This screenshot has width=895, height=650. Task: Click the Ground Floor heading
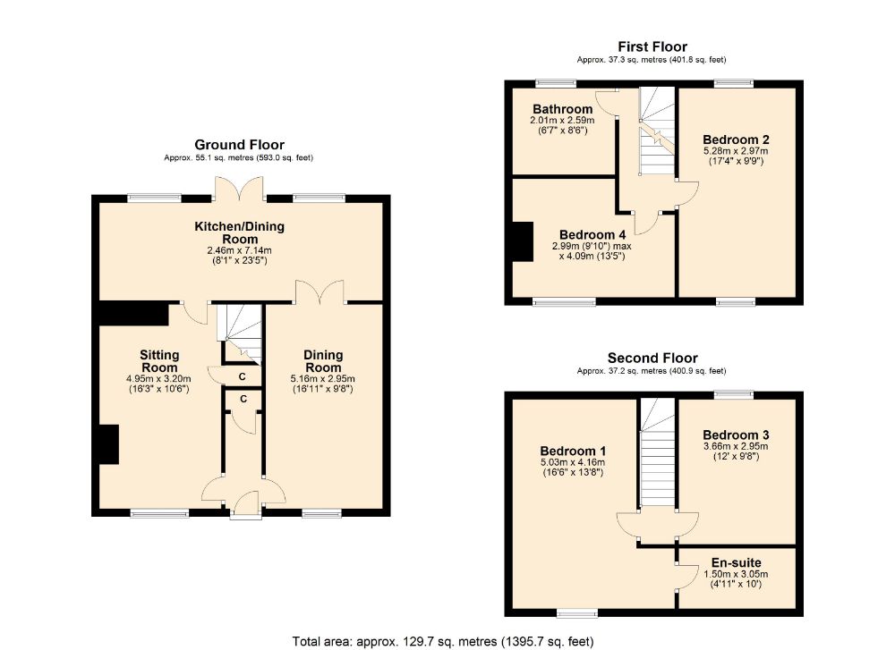tap(239, 145)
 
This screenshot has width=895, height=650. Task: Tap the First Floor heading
tap(652, 46)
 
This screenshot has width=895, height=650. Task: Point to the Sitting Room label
tap(158, 361)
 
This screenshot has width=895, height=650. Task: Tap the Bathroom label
tap(562, 109)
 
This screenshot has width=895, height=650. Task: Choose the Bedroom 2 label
tap(736, 139)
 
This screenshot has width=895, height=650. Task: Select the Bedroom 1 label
tap(572, 450)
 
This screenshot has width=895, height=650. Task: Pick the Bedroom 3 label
tap(736, 434)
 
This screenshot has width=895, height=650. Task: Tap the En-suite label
tap(737, 562)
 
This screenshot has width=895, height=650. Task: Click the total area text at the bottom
tap(442, 640)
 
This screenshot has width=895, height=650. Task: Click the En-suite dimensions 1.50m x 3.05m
tap(737, 574)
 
